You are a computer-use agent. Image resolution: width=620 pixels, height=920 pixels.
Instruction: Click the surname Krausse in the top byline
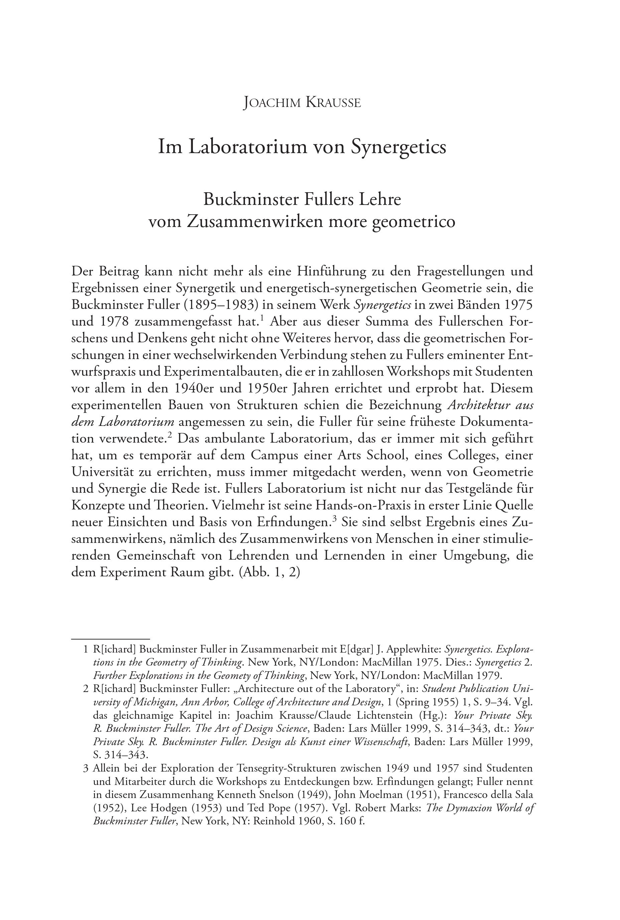pyautogui.click(x=333, y=103)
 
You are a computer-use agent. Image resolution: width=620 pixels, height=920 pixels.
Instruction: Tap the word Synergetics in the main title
pyautogui.click(x=399, y=147)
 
